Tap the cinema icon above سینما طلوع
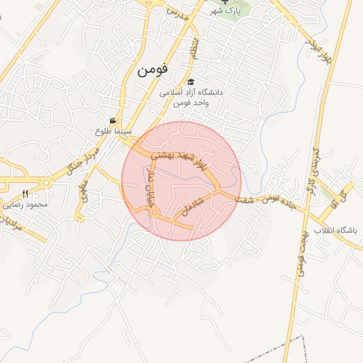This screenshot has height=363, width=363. [x=113, y=121]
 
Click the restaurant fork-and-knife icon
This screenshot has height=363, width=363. [x=26, y=194]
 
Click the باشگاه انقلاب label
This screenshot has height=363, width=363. [x=340, y=231]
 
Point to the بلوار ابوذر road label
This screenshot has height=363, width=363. [x=319, y=45]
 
